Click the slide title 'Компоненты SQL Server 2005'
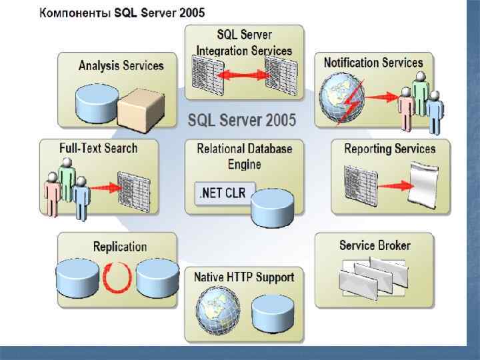coord(121,13)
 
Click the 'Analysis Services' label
coord(121,65)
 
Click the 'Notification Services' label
coord(373,63)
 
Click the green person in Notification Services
coord(420,93)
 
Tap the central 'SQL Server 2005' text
coord(242,121)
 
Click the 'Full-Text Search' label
coord(98,148)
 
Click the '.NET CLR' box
coord(222,194)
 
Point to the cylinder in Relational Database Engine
coord(272,205)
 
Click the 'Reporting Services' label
coord(390,149)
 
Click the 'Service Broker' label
coord(375,245)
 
